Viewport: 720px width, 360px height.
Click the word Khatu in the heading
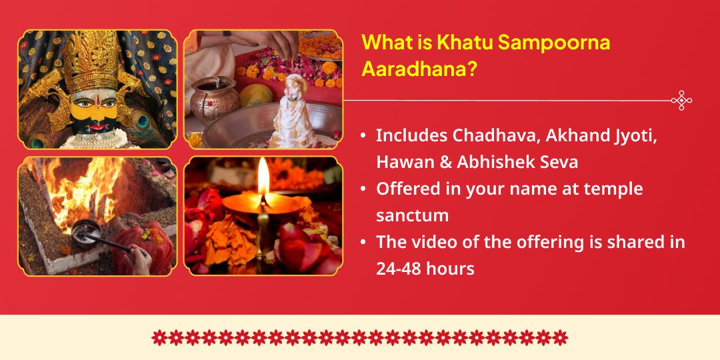(459, 43)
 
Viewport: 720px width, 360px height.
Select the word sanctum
(412, 215)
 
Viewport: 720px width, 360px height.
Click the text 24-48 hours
(425, 269)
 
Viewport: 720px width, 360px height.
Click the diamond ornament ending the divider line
(681, 101)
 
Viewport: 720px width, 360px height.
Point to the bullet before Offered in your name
(363, 189)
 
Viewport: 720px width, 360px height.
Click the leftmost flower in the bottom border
(159, 337)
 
